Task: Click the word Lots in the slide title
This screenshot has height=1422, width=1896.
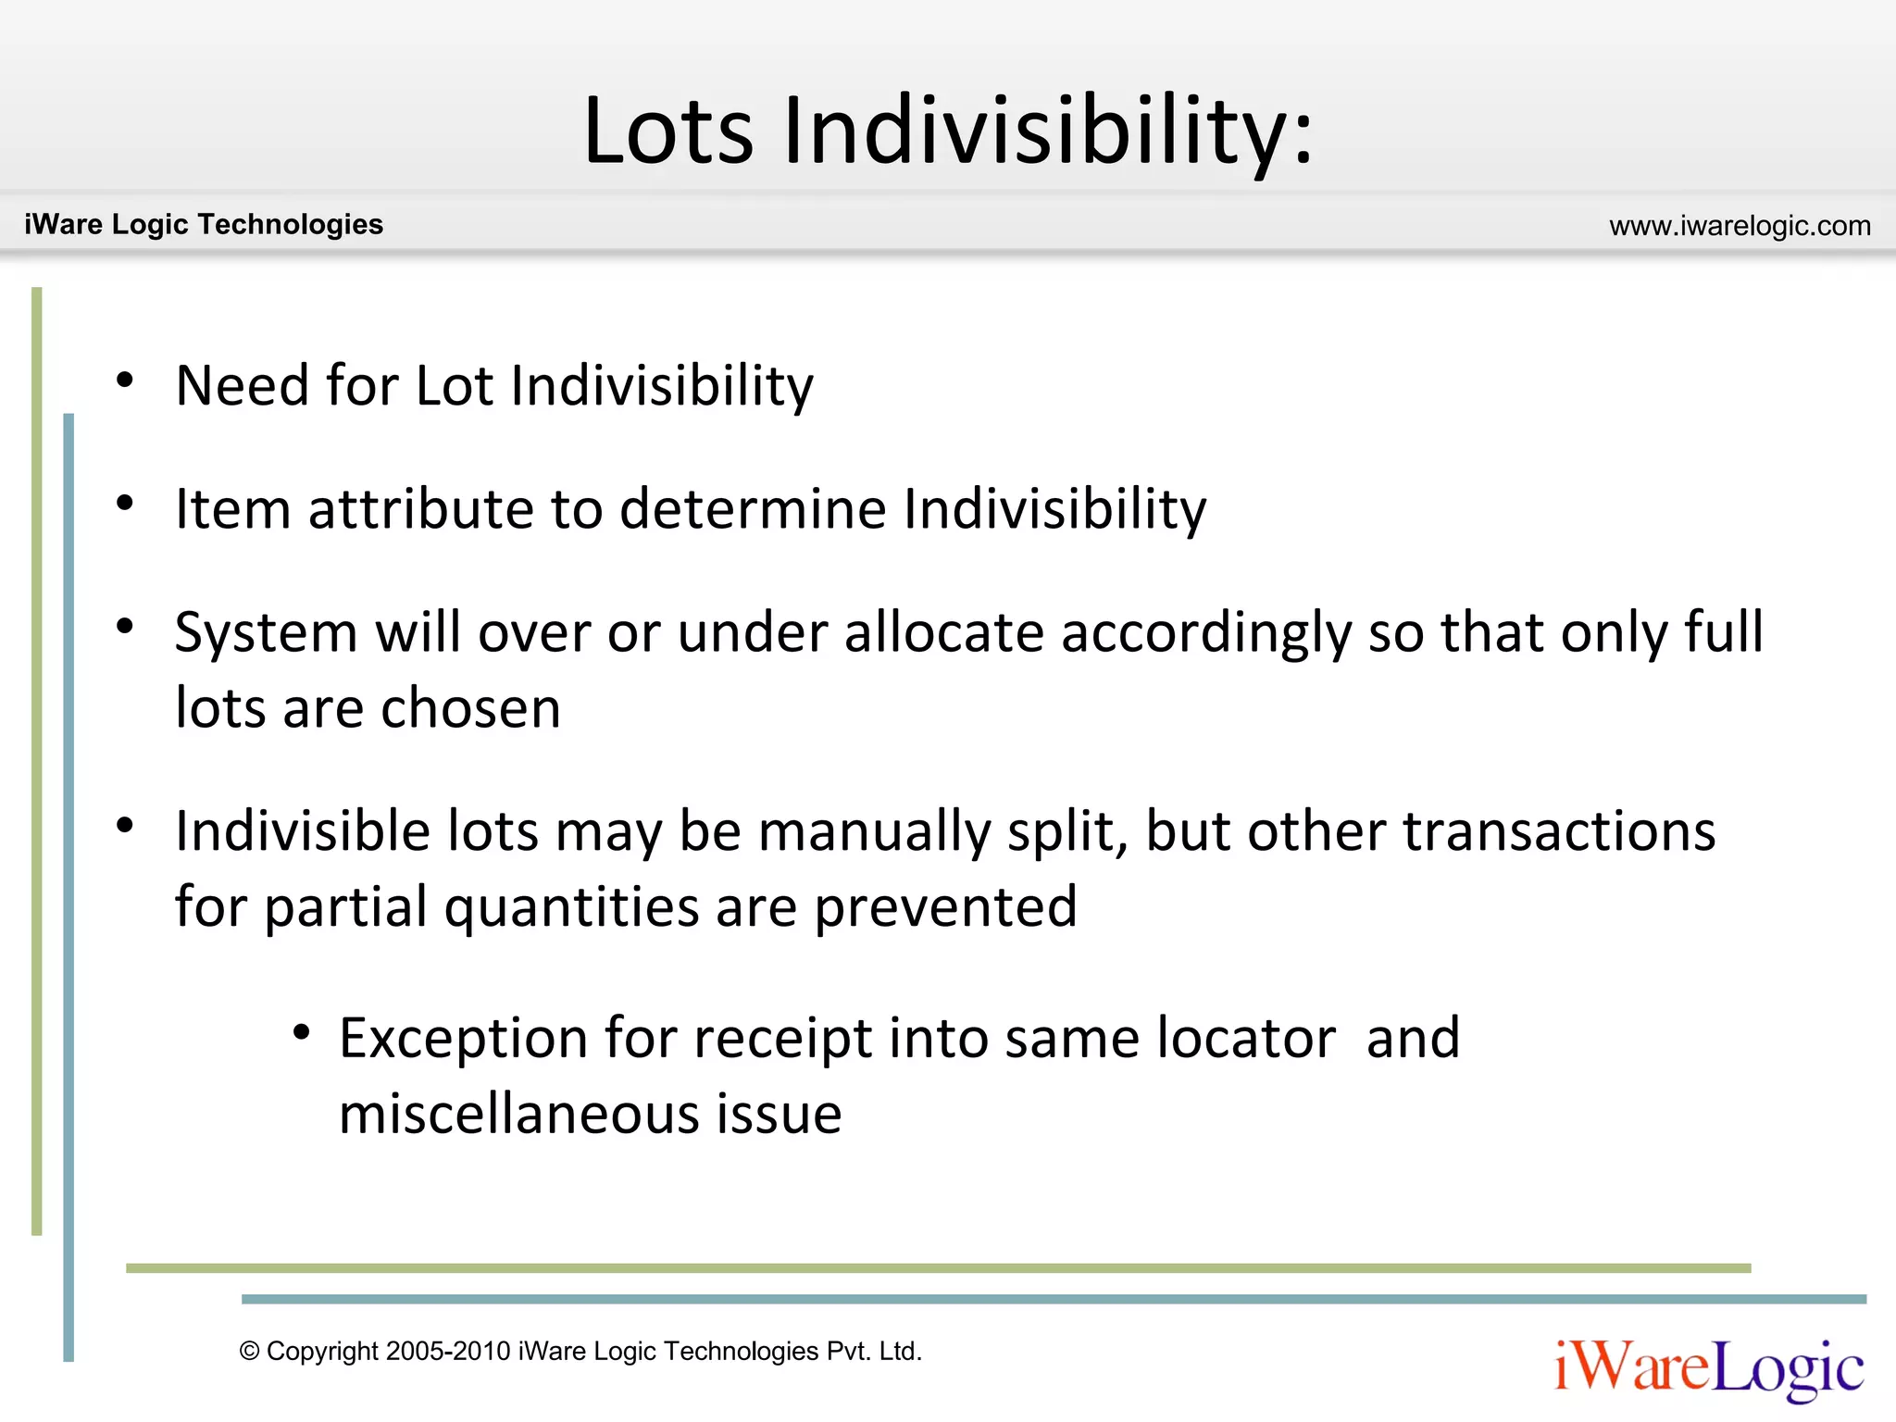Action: point(668,131)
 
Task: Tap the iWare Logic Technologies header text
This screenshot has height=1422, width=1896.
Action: point(204,224)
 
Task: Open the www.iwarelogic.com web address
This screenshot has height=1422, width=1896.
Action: point(1740,226)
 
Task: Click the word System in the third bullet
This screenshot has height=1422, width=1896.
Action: point(266,634)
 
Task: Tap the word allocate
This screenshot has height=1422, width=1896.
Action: point(944,632)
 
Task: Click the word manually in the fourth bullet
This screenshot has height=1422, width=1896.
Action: point(874,831)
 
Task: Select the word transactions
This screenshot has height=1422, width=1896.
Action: point(1559,830)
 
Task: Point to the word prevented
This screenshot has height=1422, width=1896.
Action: point(945,906)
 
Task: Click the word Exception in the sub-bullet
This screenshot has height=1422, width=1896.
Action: point(464,1039)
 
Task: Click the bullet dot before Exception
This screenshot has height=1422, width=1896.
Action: point(301,1032)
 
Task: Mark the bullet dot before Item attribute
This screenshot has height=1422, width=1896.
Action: point(125,504)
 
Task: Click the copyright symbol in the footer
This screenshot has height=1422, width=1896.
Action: point(249,1352)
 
